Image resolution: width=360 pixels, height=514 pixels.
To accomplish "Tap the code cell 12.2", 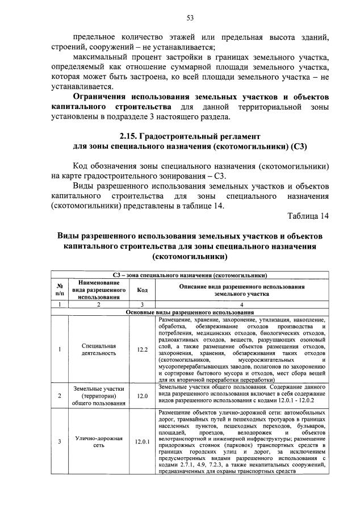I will point(142,349).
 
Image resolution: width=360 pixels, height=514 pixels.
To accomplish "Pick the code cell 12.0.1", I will point(142,440).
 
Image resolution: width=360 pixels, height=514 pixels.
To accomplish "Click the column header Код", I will point(142,289).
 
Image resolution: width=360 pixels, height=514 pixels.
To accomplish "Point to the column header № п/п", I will point(60,289).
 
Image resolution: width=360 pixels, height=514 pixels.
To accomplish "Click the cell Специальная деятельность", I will point(99,349).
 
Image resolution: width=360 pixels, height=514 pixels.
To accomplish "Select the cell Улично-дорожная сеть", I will point(99,440).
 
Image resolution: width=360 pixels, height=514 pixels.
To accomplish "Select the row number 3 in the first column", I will point(60,440).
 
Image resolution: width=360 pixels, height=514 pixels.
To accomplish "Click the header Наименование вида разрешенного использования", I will point(99,289).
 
